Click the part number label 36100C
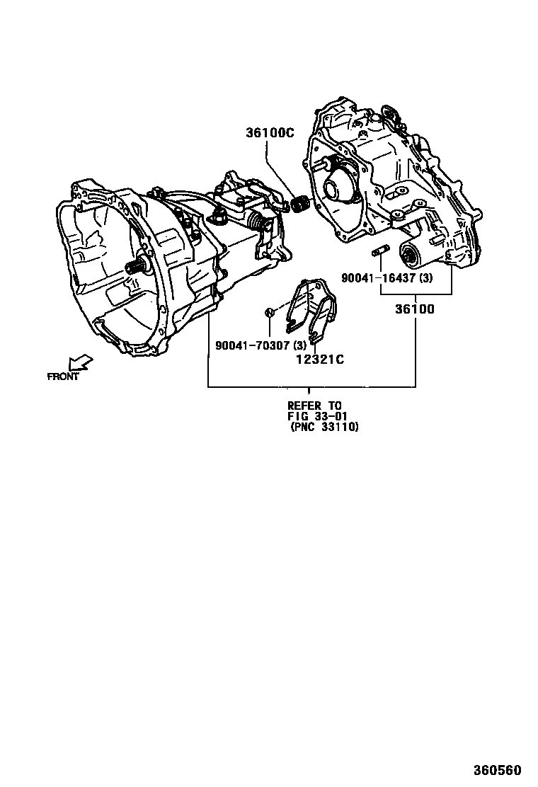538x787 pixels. [x=270, y=132]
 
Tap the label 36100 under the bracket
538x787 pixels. [x=416, y=309]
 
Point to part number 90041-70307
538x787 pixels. [x=251, y=345]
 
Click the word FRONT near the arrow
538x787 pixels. [x=63, y=377]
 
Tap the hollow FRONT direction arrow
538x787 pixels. [x=81, y=362]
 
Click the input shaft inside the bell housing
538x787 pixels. [x=137, y=267]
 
